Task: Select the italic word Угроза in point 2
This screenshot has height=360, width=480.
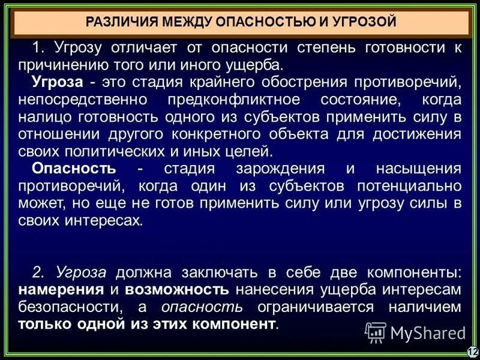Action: click(x=81, y=273)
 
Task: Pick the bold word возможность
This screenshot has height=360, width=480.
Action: click(x=177, y=290)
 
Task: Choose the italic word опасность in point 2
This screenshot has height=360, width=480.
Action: click(x=202, y=308)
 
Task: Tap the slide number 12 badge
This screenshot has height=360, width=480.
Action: click(x=472, y=352)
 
